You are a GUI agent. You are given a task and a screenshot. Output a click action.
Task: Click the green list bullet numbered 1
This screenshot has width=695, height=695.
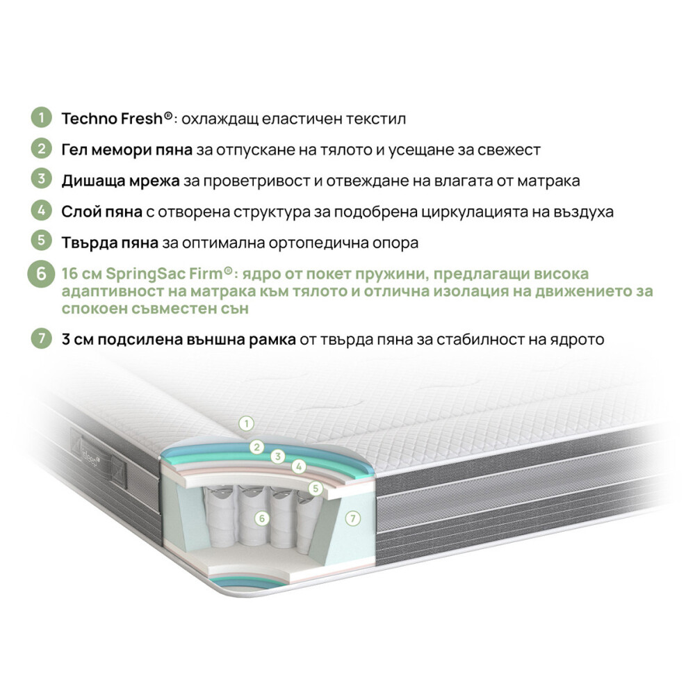click(41, 117)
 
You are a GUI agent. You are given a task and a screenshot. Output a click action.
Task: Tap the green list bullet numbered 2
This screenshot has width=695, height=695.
click(41, 149)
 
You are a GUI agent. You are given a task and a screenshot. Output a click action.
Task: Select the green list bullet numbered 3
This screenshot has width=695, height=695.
click(41, 179)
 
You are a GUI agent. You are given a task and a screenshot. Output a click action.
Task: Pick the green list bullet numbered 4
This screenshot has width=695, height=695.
click(41, 210)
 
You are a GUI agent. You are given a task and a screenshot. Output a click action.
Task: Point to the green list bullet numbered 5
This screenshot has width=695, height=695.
click(41, 240)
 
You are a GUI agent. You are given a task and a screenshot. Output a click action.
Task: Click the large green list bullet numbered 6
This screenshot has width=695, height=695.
click(41, 273)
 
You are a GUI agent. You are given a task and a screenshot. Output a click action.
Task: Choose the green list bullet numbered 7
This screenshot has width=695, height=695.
click(41, 338)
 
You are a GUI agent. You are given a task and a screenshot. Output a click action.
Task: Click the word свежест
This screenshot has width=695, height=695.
click(509, 150)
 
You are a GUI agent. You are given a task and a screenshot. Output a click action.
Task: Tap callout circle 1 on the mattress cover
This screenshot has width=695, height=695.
click(247, 424)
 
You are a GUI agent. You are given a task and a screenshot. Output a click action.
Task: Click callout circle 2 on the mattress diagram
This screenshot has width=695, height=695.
click(256, 447)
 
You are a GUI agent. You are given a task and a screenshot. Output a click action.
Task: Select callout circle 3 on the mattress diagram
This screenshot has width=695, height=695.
click(278, 457)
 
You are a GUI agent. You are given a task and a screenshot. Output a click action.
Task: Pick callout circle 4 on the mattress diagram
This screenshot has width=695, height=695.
click(299, 466)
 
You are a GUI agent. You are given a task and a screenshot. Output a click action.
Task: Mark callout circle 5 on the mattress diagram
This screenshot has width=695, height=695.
click(315, 489)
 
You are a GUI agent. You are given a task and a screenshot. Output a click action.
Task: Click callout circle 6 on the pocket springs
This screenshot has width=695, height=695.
click(262, 518)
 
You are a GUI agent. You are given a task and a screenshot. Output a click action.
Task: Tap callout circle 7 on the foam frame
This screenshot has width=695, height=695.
click(353, 518)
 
